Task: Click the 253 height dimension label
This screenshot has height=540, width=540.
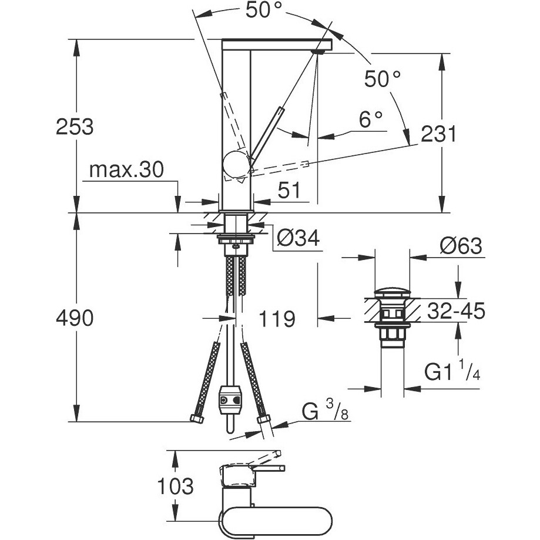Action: point(75,126)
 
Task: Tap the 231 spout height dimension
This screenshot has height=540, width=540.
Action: point(438,135)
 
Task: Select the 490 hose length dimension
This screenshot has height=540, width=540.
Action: point(75,319)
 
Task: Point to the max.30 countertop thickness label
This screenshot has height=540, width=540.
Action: point(126,171)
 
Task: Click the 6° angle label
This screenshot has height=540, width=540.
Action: point(371,120)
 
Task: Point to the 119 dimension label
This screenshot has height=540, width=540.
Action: point(277,319)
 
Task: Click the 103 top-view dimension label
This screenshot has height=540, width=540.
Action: point(175,486)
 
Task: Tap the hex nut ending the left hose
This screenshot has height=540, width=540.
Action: point(196,419)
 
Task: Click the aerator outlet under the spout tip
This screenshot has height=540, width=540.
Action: point(318,52)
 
